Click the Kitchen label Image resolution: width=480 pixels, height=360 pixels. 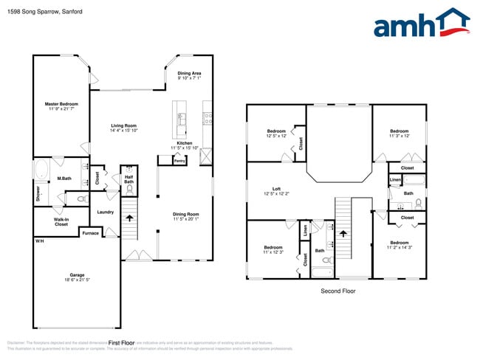[185, 145]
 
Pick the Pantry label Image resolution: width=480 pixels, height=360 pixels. [179, 159]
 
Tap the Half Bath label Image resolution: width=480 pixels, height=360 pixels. [128, 179]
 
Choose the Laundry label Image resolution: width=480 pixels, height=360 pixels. [105, 212]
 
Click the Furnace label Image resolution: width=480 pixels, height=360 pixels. [90, 233]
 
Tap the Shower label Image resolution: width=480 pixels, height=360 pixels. [38, 193]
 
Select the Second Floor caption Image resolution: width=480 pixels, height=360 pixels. [337, 291]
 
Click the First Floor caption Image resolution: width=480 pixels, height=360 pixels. [121, 343]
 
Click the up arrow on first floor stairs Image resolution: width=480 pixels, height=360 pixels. [130, 218]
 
